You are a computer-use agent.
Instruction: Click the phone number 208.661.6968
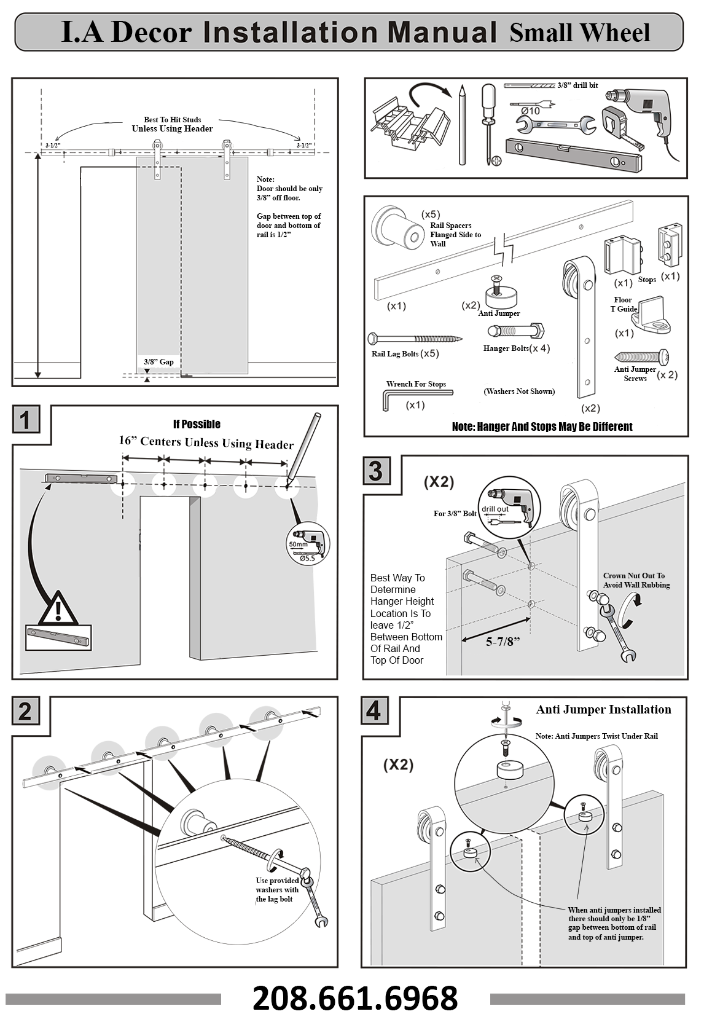354,998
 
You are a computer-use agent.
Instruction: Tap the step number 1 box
26,419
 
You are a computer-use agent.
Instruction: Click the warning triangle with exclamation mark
58,608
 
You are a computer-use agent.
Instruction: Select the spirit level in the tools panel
574,155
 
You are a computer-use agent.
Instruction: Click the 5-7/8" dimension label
503,642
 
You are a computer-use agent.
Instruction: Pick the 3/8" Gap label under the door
158,362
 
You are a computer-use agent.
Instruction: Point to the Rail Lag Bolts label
395,353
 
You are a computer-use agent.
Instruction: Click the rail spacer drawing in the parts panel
396,228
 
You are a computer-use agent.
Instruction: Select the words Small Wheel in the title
579,33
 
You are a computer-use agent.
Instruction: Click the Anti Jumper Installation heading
604,709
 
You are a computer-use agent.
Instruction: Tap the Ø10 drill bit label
530,111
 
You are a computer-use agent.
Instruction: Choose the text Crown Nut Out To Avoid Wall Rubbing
636,580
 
